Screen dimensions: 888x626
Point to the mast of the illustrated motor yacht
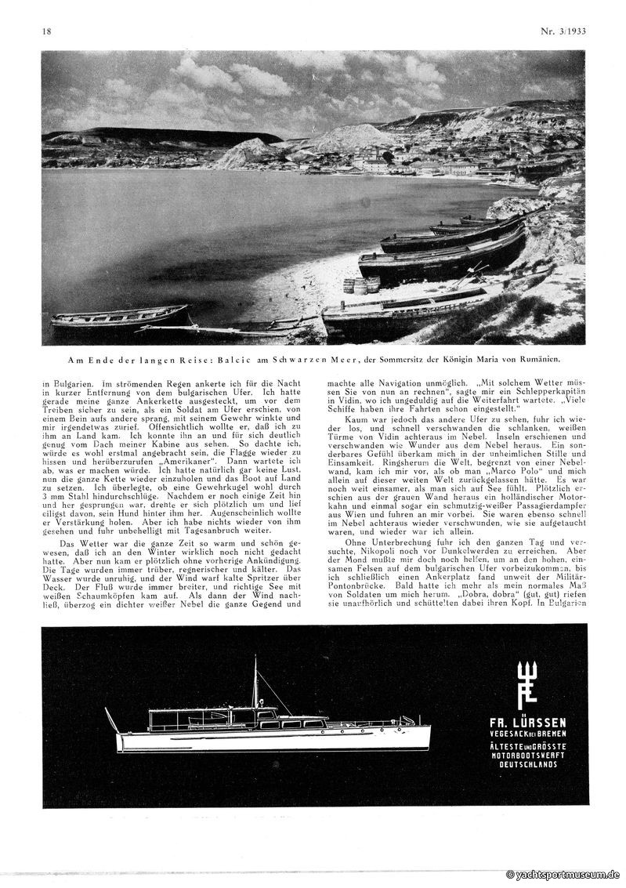pos(255,682)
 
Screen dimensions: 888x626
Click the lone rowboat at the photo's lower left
pos(119,316)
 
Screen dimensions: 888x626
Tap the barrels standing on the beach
pos(361,285)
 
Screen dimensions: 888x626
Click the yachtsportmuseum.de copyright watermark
pos(563,874)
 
